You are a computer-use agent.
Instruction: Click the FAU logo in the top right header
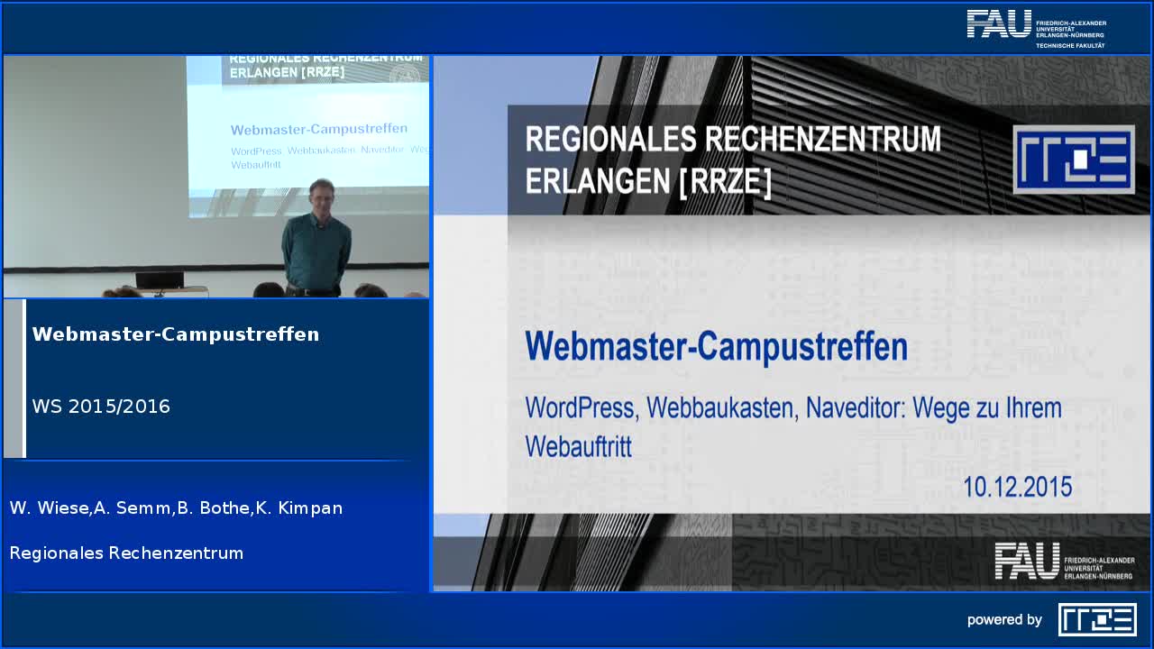(x=1035, y=27)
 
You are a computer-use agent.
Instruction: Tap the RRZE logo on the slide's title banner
(x=1073, y=160)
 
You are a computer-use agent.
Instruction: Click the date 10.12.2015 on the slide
(x=1017, y=487)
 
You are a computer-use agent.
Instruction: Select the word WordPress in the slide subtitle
(x=580, y=408)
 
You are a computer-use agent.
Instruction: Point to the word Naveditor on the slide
(x=855, y=408)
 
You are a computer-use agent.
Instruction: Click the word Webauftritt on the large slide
(x=578, y=446)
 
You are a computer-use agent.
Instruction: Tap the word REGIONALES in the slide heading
(x=610, y=140)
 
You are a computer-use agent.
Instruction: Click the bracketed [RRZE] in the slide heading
(x=724, y=181)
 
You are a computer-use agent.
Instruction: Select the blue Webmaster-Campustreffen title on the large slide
(x=716, y=347)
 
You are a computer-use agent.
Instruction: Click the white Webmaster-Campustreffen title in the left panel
(x=176, y=334)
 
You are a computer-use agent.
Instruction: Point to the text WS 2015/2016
(x=101, y=407)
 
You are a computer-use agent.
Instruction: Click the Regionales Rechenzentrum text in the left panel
(x=126, y=553)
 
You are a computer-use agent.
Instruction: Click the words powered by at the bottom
(x=1004, y=620)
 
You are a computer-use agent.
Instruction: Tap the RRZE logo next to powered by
(x=1096, y=619)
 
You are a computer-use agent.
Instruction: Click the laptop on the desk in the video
(x=160, y=280)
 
